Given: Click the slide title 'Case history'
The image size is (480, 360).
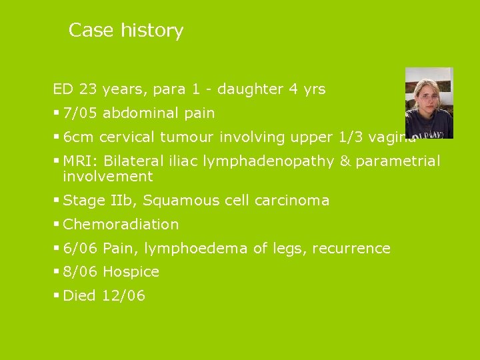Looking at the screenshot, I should click(126, 31).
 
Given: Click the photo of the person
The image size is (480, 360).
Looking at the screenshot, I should click(429, 103).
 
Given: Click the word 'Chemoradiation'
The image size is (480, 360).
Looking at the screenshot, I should click(121, 225).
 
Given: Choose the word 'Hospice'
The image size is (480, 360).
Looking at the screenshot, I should click(131, 272).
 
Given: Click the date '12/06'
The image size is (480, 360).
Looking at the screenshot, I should click(123, 296).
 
